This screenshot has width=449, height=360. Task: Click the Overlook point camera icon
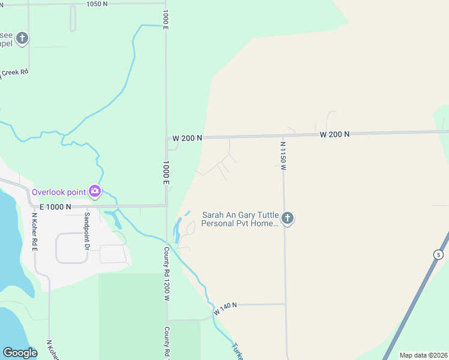point(94,191)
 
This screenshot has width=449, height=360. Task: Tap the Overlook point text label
point(59,192)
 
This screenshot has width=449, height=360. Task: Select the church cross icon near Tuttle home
point(288,218)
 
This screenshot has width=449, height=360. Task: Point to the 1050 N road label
point(97,4)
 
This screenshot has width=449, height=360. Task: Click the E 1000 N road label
point(52,206)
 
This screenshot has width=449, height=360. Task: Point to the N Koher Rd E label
point(34,227)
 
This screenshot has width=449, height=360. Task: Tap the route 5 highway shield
point(438,255)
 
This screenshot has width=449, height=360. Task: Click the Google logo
point(20,353)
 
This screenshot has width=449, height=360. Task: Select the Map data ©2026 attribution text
point(423,355)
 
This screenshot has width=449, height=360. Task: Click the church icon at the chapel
point(22,39)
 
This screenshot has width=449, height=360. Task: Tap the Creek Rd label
point(14,73)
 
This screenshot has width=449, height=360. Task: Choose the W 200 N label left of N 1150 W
point(187,138)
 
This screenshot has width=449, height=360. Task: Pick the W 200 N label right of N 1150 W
point(334,134)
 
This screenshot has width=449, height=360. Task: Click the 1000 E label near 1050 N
point(165,17)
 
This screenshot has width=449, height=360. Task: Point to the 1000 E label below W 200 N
point(166,173)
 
